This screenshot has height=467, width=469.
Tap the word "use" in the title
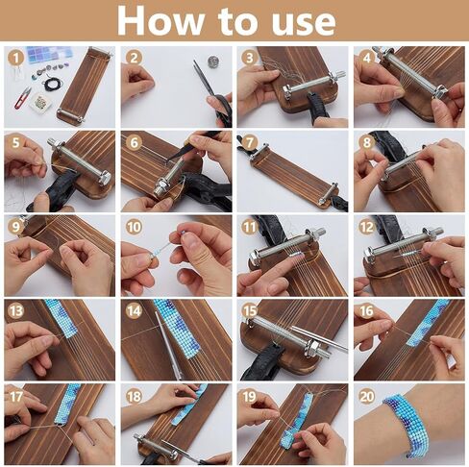pos(303,23)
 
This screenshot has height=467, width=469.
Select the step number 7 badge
pos(250,143)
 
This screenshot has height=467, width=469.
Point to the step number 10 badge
pos(134,227)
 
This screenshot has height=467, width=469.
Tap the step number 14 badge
pos(134,311)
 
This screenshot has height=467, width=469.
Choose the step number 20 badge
pos(367,397)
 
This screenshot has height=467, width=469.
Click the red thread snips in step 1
pos(22,97)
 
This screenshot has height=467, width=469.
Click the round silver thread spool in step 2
pos(212,61)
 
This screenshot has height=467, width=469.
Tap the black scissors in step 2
pos(213,92)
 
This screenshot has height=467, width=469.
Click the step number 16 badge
pos(367,311)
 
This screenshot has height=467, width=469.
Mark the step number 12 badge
pos(367,227)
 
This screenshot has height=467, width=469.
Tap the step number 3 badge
pos(250,59)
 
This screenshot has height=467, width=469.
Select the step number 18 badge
pos(134,397)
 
